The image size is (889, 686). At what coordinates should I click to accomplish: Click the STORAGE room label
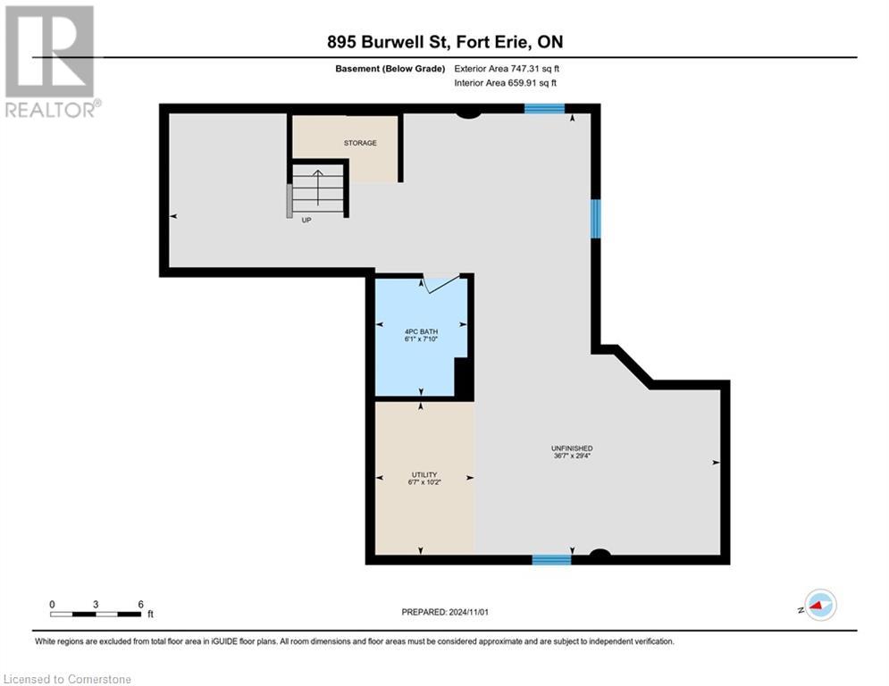click(360, 143)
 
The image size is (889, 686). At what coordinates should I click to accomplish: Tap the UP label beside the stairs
click(306, 220)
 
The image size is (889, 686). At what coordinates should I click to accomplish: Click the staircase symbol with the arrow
click(318, 189)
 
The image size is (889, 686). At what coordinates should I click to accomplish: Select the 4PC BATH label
click(421, 331)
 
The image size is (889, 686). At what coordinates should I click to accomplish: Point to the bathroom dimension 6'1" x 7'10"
click(421, 340)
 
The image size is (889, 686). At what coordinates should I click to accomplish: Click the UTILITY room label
click(424, 473)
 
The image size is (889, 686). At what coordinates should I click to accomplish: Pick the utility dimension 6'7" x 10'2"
click(424, 482)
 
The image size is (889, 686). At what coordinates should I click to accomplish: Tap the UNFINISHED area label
click(572, 448)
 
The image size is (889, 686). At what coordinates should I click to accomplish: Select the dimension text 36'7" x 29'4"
click(572, 456)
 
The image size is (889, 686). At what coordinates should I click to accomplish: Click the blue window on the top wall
click(544, 108)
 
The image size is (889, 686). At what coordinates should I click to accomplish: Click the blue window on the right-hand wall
click(595, 219)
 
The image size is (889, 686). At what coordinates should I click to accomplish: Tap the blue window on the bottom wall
click(551, 560)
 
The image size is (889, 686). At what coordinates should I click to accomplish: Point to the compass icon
click(819, 606)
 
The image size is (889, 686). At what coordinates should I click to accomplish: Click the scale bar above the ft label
click(96, 614)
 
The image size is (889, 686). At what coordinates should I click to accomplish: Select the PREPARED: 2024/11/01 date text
click(444, 612)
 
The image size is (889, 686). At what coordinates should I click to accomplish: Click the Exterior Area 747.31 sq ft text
click(507, 69)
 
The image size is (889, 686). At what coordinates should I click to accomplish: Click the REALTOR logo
click(51, 61)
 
